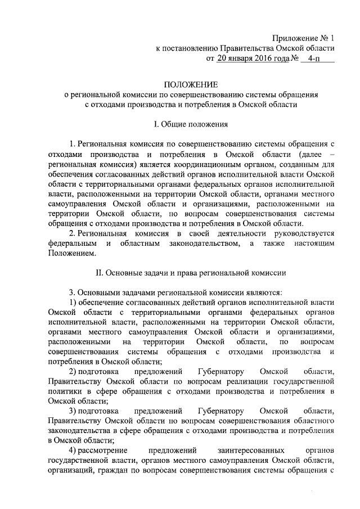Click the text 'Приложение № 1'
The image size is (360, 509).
[303, 39]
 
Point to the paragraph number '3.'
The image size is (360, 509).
[72, 292]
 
